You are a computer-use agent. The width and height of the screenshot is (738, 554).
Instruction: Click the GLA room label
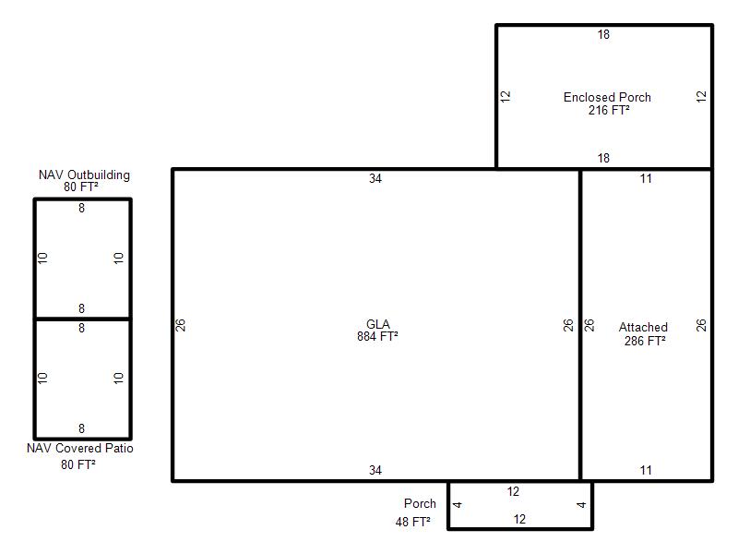click(378, 324)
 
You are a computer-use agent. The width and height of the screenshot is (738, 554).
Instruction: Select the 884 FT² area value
click(377, 336)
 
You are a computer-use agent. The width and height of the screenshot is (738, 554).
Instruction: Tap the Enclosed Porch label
click(607, 97)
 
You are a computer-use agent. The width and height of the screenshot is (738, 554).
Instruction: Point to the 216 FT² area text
click(609, 110)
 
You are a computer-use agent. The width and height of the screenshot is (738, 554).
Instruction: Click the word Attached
click(643, 327)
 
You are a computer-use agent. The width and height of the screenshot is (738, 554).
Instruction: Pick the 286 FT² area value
click(645, 341)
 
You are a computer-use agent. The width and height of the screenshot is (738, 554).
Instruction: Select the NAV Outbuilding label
click(84, 175)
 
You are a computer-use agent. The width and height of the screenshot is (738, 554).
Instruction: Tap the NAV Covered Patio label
click(80, 448)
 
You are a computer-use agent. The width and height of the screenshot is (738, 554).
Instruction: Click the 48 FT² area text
click(412, 522)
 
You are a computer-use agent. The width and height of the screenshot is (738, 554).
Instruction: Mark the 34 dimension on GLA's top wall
click(375, 178)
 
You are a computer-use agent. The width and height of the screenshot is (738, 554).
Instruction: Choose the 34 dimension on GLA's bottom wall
click(375, 470)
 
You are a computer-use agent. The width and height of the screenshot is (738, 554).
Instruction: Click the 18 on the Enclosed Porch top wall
click(603, 34)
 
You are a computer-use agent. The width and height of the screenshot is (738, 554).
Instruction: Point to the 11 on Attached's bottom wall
click(646, 470)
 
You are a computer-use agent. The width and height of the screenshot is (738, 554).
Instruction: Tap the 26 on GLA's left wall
click(181, 325)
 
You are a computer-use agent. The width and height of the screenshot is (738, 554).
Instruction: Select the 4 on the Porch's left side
click(457, 505)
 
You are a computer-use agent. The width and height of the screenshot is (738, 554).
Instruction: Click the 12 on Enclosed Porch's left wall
click(505, 97)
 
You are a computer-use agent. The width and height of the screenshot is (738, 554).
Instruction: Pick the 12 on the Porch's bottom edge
click(519, 519)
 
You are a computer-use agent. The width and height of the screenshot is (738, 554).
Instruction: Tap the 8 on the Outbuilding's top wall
click(81, 208)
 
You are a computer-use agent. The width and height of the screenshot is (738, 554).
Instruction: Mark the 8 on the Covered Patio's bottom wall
click(81, 428)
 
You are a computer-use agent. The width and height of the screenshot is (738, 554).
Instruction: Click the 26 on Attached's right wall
click(701, 325)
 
